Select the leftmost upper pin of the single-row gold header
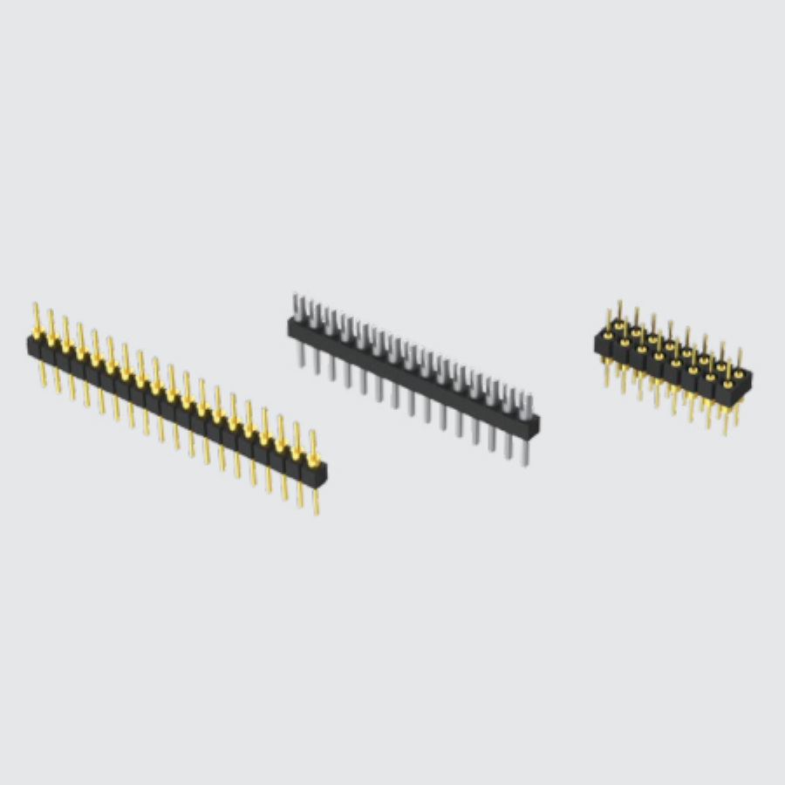coord(36,317)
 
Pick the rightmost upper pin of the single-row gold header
coord(312,445)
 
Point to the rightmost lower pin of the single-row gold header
coord(316,501)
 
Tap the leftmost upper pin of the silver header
coord(296,305)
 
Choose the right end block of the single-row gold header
coord(316,474)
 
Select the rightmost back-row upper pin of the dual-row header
coord(739,358)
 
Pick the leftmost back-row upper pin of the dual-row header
coord(619,310)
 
